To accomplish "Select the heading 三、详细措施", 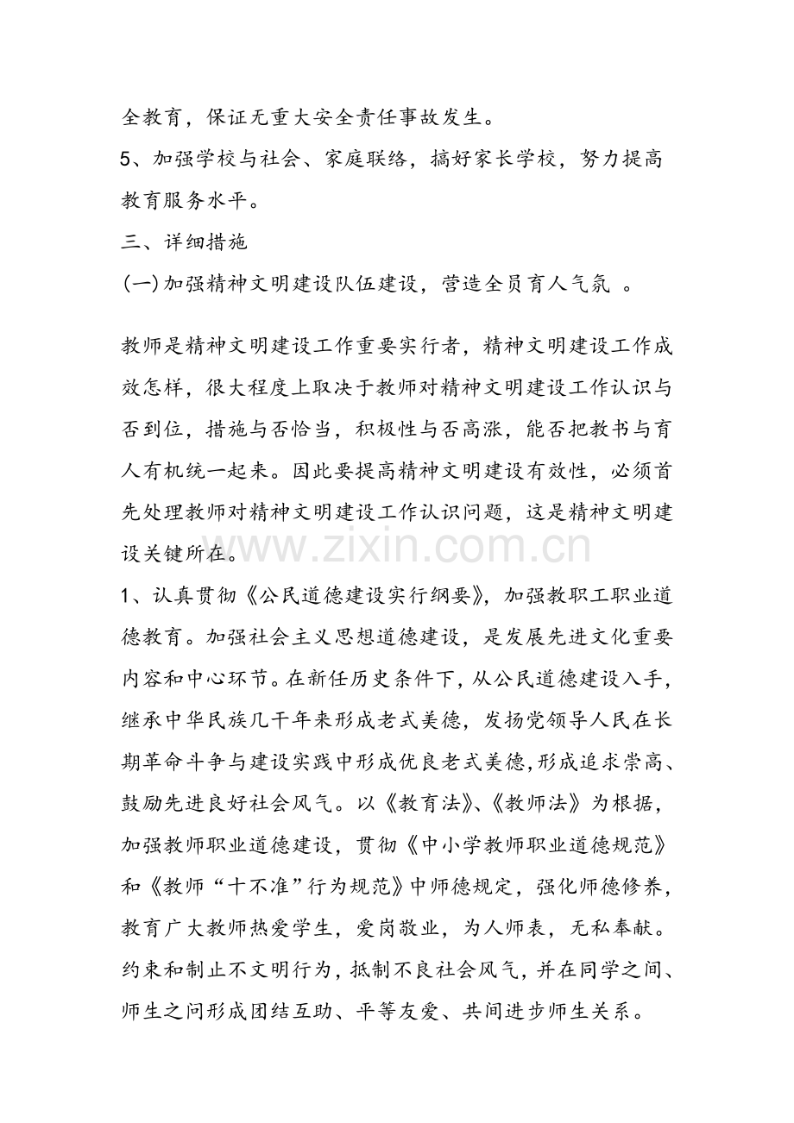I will pos(185,242).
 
